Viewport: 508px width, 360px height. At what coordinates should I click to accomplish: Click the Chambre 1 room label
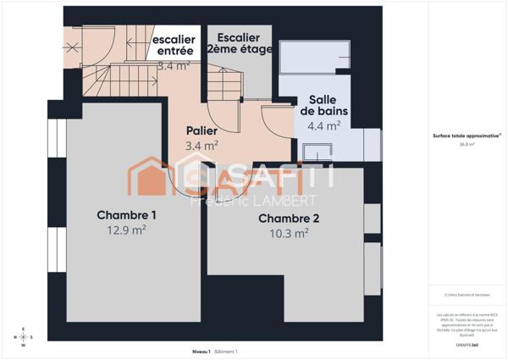click(x=126, y=214)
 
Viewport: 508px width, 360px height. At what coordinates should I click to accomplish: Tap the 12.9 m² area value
click(x=126, y=229)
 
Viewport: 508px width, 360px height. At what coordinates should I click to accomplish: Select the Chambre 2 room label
click(x=289, y=219)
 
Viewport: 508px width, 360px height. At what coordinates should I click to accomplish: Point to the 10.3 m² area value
click(x=289, y=233)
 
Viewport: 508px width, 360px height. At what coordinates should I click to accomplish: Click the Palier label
click(x=202, y=131)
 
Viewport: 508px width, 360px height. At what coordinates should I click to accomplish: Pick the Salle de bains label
click(x=323, y=105)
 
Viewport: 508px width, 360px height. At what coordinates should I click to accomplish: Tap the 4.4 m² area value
click(x=323, y=125)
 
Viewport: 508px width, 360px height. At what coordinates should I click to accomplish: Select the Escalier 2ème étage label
click(x=240, y=44)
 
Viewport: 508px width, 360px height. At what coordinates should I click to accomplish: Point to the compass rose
click(x=24, y=336)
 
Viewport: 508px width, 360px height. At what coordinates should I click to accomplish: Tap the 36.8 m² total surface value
click(x=467, y=145)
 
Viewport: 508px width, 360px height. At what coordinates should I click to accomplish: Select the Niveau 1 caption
click(x=201, y=351)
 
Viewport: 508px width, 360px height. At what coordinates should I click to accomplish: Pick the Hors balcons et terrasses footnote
click(x=467, y=295)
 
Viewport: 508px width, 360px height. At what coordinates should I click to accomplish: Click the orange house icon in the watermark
click(x=152, y=177)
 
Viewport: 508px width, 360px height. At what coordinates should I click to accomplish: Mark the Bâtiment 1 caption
click(x=226, y=351)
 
